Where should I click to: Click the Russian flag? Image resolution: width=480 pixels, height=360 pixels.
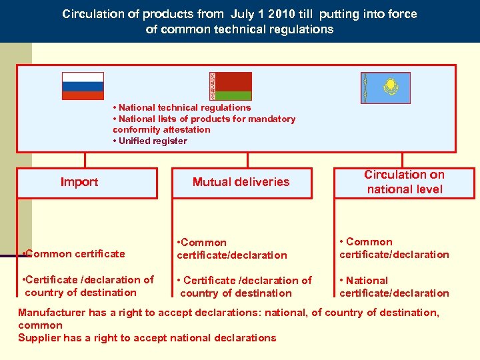[x=83, y=86]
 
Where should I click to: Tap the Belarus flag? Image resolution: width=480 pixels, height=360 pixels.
[x=231, y=86]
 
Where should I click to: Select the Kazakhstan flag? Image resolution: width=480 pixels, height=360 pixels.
[x=385, y=87]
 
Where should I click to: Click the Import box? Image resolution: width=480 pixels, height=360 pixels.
[x=87, y=183]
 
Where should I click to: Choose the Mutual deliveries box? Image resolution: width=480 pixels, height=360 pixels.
[x=241, y=183]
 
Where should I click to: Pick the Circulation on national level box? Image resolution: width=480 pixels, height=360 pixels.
[x=404, y=182]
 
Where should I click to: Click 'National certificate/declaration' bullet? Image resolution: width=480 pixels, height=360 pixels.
[x=393, y=287]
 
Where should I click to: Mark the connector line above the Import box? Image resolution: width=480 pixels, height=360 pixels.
[x=85, y=160]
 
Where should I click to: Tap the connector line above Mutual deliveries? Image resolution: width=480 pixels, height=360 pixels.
[x=247, y=160]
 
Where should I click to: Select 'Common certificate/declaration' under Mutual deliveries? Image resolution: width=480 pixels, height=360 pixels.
[x=231, y=249]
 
